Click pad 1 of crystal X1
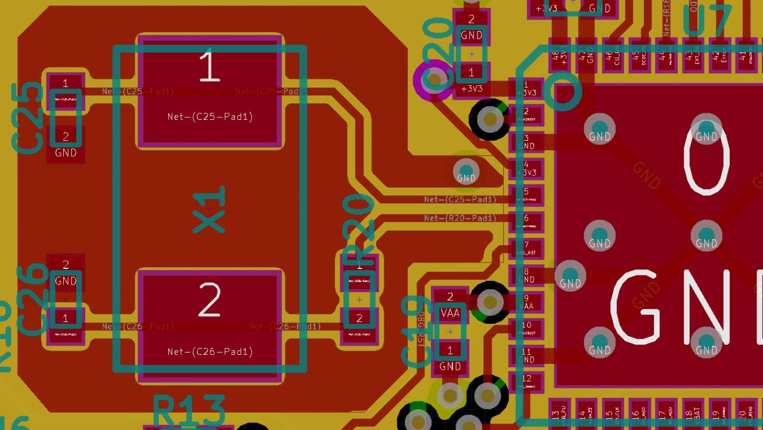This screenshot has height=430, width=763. [x=209, y=90]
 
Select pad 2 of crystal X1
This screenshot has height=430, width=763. [x=209, y=326]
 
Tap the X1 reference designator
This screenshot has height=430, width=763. [x=210, y=209]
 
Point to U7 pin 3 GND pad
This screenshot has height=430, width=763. [x=526, y=142]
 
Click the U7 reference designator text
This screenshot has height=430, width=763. [x=707, y=23]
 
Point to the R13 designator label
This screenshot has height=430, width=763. [x=189, y=410]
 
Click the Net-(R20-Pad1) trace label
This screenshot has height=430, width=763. [x=460, y=218]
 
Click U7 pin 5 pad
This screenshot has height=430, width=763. [x=526, y=195]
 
